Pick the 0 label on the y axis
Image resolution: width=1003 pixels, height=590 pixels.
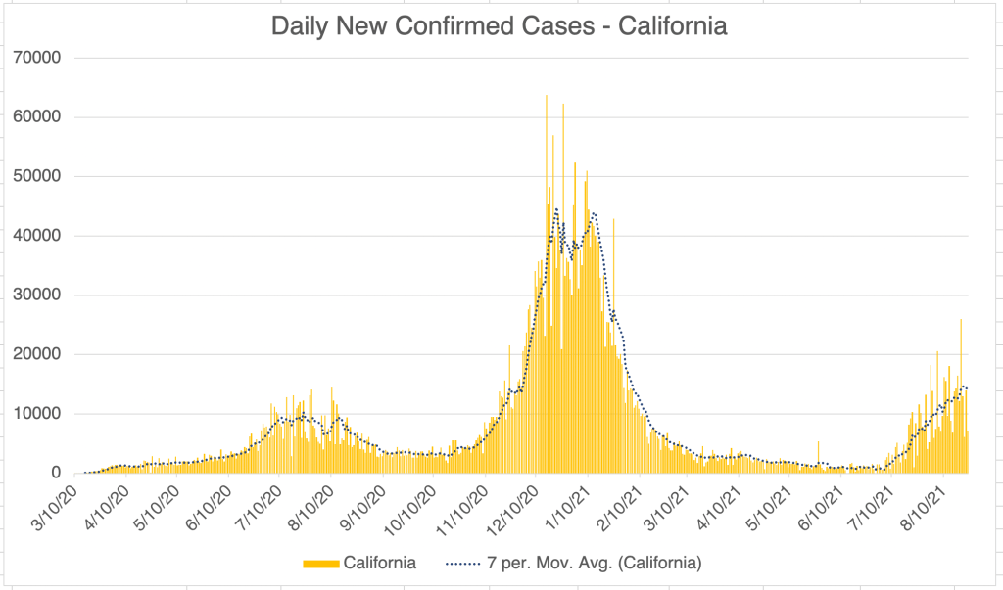[57, 474]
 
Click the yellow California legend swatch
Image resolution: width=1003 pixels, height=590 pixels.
[321, 564]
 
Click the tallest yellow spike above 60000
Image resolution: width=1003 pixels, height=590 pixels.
[547, 98]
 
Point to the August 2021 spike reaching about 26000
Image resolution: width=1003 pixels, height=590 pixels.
[961, 323]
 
